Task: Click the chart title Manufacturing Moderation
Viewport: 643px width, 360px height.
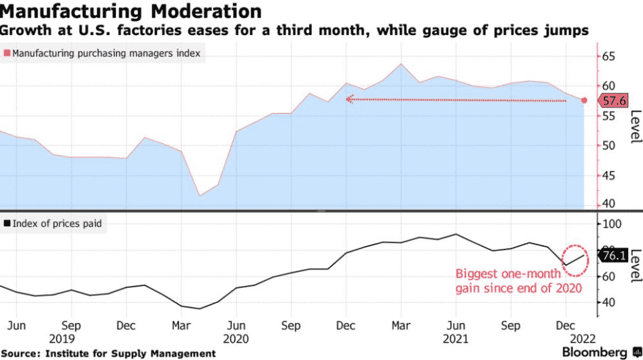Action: click(x=131, y=11)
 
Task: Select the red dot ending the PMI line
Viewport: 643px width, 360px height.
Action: click(x=584, y=100)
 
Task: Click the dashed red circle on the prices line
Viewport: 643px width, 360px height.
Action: click(x=574, y=258)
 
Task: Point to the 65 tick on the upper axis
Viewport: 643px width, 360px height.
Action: click(x=610, y=56)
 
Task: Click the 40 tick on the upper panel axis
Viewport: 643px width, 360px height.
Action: click(x=610, y=204)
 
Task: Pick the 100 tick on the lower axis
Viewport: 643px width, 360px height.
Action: click(x=613, y=224)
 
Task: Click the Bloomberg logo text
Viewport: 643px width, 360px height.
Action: click(x=595, y=353)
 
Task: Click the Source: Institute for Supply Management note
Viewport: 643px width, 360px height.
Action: click(x=108, y=353)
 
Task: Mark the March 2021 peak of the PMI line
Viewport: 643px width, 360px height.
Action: click(x=401, y=64)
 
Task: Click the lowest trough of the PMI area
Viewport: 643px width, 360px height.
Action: click(x=199, y=196)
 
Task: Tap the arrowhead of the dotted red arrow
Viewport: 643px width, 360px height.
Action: click(x=349, y=99)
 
